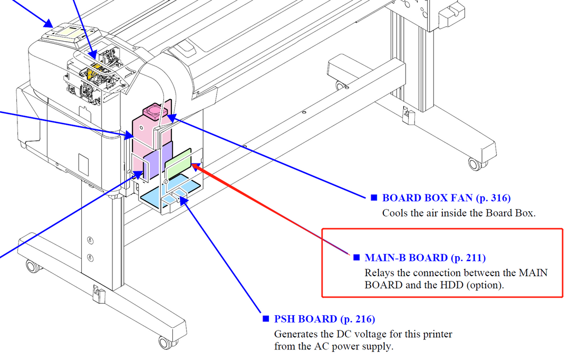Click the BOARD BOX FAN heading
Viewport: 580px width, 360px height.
(x=428, y=198)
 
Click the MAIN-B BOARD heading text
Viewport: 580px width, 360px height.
(x=406, y=258)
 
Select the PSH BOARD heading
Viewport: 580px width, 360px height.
(x=305, y=319)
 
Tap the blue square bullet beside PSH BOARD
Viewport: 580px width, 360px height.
(x=266, y=319)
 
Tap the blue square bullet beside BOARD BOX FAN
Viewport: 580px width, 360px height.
(x=374, y=198)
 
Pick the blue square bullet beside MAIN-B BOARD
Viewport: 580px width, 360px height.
(x=356, y=258)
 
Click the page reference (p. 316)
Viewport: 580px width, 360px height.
(x=493, y=198)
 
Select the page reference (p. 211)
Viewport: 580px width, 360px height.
(x=468, y=258)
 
